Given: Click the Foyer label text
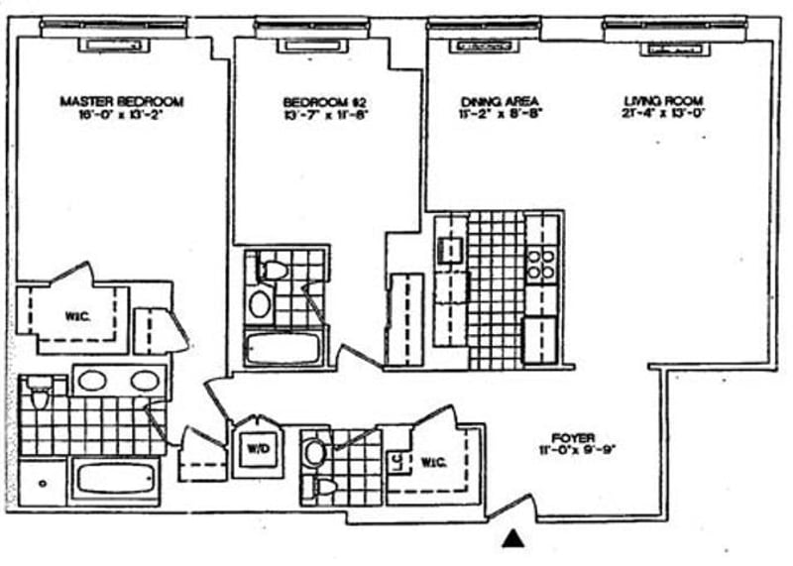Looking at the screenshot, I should tap(574, 437).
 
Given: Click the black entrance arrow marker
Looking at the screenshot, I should tap(512, 538).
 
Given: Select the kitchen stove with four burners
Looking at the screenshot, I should tap(540, 264).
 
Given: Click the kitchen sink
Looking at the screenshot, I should tap(450, 248).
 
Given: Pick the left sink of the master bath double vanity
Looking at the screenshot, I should tap(92, 380).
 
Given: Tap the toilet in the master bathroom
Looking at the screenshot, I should tap(40, 396).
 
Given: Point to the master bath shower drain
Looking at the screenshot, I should tap(43, 485).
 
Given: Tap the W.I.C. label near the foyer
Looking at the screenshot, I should tap(434, 461).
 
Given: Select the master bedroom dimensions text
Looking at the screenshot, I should tap(122, 115).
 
